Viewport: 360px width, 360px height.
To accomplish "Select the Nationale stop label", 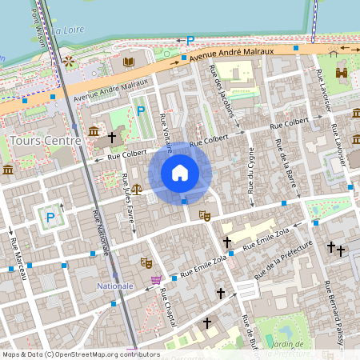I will point(114,286).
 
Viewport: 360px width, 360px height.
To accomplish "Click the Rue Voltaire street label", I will point(166,130).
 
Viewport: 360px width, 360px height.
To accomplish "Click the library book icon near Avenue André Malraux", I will point(130,61).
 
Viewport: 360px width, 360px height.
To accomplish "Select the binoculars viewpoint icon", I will point(342,73).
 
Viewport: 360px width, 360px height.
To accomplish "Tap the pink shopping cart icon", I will point(155,280).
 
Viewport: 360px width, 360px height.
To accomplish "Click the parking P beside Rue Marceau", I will point(50,217).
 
